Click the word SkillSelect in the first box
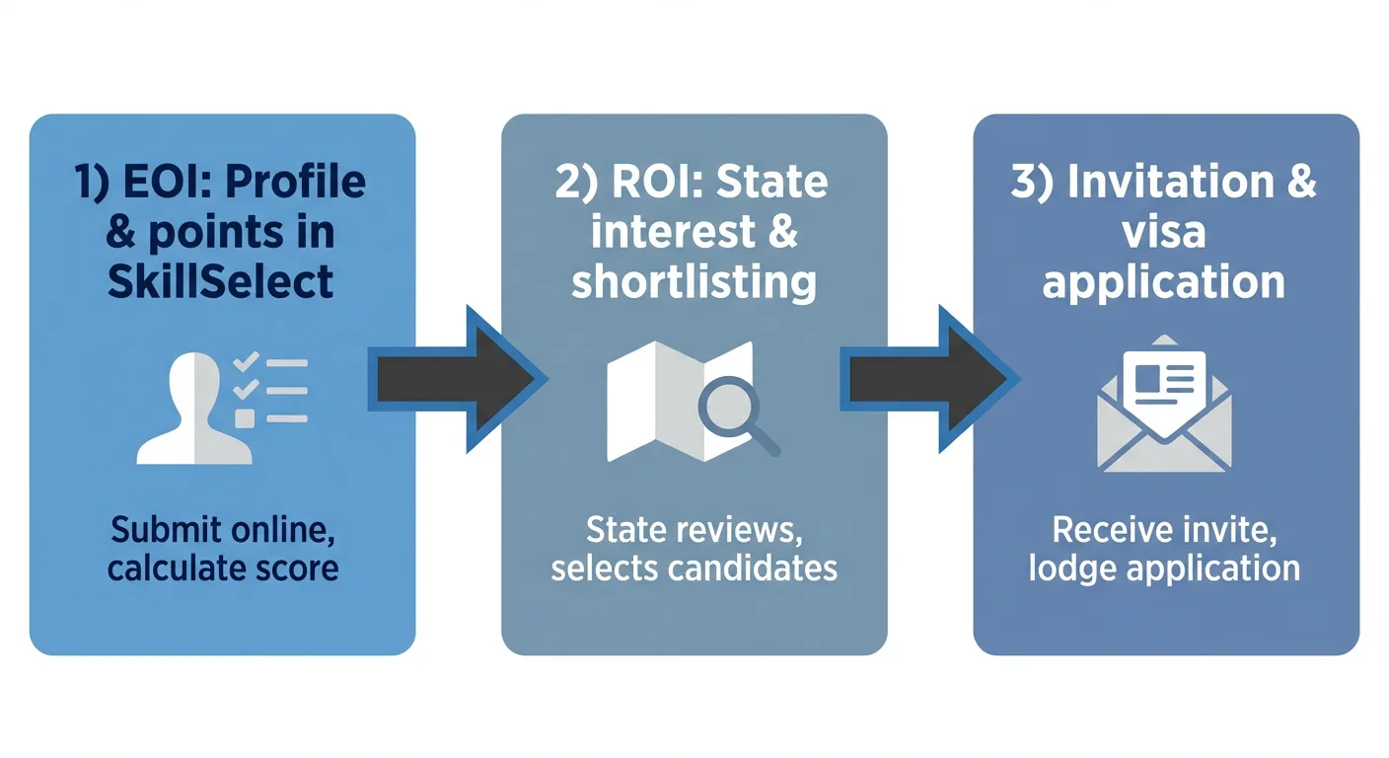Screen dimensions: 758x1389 [222, 282]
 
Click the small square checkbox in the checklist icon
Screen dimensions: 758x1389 [244, 418]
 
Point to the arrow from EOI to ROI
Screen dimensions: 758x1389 [456, 378]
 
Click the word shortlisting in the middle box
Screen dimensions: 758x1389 [694, 282]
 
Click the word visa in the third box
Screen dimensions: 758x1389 [1165, 232]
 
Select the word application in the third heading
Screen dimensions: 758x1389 [1165, 282]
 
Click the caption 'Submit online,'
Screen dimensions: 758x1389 [223, 531]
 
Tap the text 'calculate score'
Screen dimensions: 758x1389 [223, 568]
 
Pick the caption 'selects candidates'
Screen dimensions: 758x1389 [694, 568]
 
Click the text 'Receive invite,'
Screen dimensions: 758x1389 [1165, 531]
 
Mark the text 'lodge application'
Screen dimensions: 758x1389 [1165, 568]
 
